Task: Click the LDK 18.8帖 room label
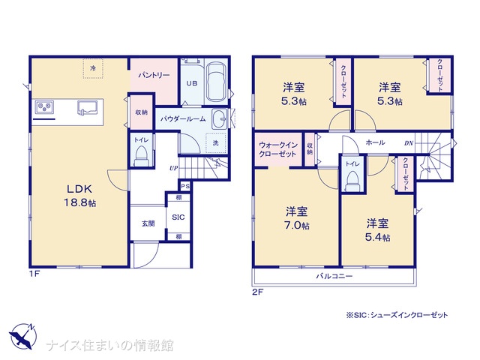coord(80,196)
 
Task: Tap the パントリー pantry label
coord(154,75)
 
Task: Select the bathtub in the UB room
coord(216,82)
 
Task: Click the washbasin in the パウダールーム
coord(218,118)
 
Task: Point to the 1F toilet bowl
coord(142,155)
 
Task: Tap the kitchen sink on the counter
coord(87,108)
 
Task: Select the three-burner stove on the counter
coord(44,107)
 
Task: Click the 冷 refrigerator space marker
coord(93,68)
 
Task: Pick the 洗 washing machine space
coord(216,142)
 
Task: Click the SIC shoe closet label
coord(178,217)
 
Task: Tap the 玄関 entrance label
coord(148,223)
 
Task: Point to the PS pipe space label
coord(185,186)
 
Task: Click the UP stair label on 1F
coord(174,168)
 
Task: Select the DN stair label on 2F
coord(409,143)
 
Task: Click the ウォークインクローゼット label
coord(277,149)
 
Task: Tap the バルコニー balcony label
coord(334,277)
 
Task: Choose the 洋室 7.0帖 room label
coord(297,218)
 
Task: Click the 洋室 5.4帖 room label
coord(378,230)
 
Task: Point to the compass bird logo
coord(22,336)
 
